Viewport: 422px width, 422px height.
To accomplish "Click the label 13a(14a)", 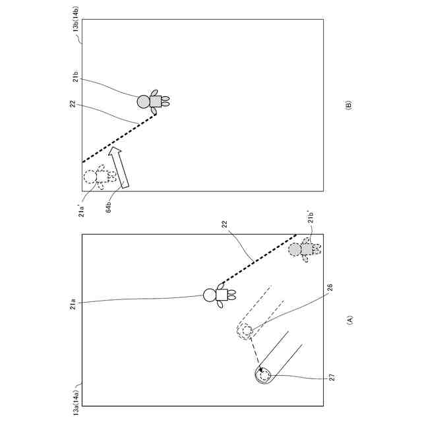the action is (76, 400).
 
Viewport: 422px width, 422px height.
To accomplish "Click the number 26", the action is (330, 288).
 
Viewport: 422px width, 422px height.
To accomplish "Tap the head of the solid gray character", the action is (144, 102).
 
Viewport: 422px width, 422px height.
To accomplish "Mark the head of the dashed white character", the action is (90, 177).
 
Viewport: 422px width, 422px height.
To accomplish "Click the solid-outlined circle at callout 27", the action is (264, 376).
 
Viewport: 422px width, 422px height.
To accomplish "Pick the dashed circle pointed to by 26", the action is (245, 331).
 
